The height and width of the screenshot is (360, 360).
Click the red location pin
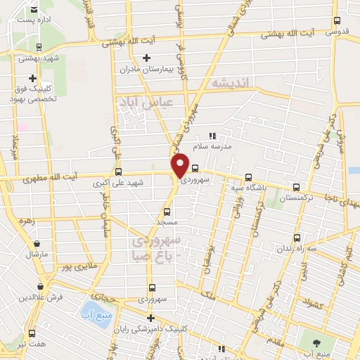coord(181,164)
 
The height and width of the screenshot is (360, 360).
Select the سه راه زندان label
coord(298,248)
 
